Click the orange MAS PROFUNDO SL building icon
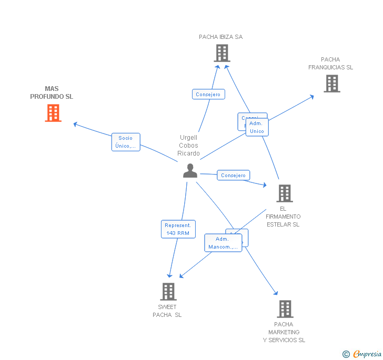tap(53, 113)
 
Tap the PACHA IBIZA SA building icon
tap(222, 53)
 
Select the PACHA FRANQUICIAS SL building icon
tap(331, 84)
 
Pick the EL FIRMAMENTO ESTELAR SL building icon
tap(285, 193)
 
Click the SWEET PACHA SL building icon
tap(168, 291)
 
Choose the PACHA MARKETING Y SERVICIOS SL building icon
tap(285, 309)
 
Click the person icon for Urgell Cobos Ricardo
tap(190, 171)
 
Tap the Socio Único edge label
tap(126, 142)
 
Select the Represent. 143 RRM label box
tap(178, 229)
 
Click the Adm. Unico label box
tap(257, 127)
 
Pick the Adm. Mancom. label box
tap(223, 243)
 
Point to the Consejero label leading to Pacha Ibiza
tap(208, 94)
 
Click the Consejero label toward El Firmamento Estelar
tap(233, 175)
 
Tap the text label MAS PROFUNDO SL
tap(52, 92)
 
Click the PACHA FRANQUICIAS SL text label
tap(330, 64)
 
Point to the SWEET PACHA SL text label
tap(167, 311)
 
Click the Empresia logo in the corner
tap(362, 354)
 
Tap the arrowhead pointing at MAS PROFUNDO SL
tap(75, 124)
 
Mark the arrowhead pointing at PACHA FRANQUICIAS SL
tap(312, 97)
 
